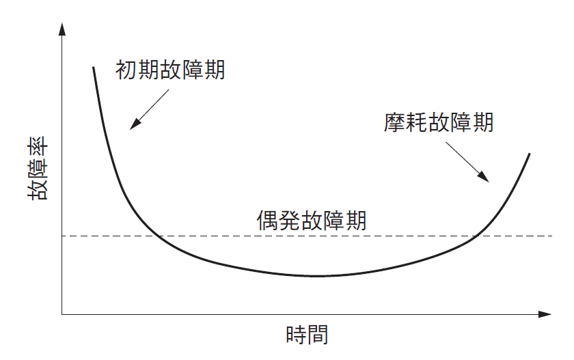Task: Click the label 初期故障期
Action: coord(170,70)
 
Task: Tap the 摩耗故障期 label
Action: coord(439,122)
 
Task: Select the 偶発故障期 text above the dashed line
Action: coord(312,220)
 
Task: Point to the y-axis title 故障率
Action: coord(38,168)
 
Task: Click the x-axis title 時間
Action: coord(307,335)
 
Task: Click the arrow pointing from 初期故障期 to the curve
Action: coord(150,109)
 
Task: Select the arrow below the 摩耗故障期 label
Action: coord(467,162)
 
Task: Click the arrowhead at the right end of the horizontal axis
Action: coord(545,314)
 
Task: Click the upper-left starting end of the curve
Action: coord(94,68)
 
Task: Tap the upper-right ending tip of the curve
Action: coord(530,154)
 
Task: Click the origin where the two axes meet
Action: coord(62,314)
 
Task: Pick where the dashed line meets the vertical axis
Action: coord(62,236)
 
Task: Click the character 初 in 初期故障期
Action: coord(126,70)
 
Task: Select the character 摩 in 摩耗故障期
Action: coord(395,122)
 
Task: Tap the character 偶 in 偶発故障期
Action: coord(267,220)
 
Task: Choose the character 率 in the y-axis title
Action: coord(38,146)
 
